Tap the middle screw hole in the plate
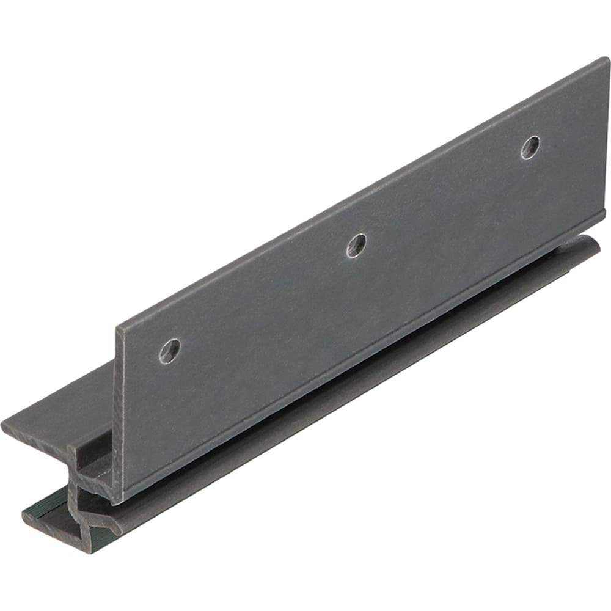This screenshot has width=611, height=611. click(x=357, y=245)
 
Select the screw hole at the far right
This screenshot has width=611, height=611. click(x=530, y=147)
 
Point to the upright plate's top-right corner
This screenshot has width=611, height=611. click(x=607, y=59)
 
